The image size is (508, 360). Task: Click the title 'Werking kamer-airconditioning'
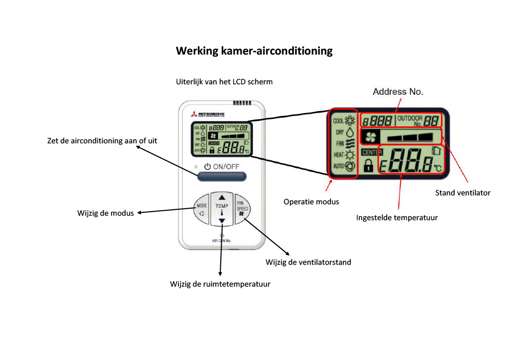pos(254,51)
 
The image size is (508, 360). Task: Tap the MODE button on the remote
pos(201,208)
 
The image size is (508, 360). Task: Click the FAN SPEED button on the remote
pos(242,208)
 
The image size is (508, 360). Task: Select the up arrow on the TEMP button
pos(222,197)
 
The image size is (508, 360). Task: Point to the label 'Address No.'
pos(398,92)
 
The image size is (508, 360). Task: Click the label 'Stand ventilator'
pos(462,192)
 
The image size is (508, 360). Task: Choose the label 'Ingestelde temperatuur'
pos(397,217)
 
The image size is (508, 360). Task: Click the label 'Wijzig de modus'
pos(106,213)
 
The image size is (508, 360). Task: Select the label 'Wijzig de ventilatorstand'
pos(308,262)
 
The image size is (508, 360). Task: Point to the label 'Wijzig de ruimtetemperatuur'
pos(220,284)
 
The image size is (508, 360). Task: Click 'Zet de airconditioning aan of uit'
pos(102,141)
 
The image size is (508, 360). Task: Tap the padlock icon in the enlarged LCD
pos(368,165)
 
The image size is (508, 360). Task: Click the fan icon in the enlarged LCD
pos(371,136)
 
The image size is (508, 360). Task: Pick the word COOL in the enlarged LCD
pos(338,120)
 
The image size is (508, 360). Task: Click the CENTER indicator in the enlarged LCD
pos(372,153)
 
